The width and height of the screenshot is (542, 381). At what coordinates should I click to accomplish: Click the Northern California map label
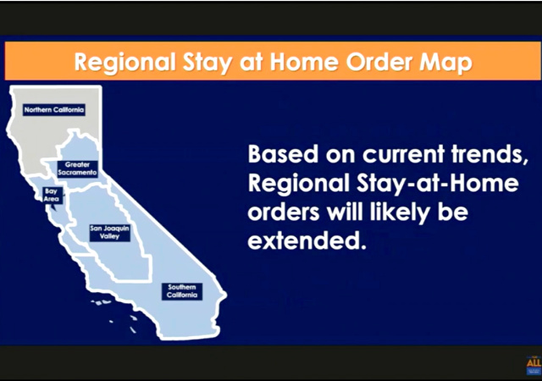54,110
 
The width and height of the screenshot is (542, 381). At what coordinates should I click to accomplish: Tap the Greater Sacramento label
77,168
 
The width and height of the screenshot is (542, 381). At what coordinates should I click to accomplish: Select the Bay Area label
52,196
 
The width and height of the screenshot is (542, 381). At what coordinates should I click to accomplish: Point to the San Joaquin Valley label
109,232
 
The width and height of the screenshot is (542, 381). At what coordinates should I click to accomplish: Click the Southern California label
182,291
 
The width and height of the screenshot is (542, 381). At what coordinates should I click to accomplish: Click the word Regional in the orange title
124,63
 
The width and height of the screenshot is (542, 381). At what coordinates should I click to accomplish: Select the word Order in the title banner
379,62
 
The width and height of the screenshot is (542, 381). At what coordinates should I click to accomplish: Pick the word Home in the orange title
303,62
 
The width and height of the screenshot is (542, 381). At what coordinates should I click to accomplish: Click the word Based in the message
283,154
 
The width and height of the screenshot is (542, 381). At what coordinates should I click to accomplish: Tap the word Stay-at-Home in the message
437,184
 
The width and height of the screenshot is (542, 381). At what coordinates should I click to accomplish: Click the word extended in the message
307,240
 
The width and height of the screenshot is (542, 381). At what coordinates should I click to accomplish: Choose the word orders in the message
284,213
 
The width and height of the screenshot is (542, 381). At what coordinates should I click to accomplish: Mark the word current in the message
403,155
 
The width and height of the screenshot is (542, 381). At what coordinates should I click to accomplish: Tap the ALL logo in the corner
534,366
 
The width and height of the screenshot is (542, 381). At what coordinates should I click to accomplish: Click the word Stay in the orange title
207,63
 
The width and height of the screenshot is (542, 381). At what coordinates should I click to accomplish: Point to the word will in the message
346,212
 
